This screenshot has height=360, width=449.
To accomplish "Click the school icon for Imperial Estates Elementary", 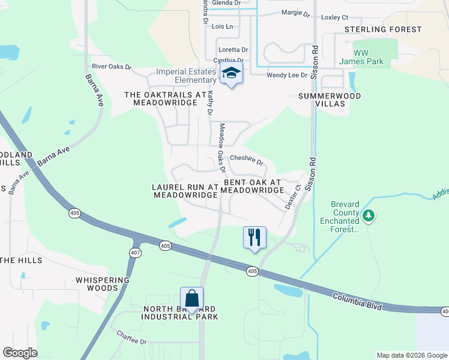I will (x=231, y=74).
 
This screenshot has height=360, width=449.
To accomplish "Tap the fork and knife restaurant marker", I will (x=255, y=238).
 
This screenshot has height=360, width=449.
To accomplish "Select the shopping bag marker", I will (x=191, y=298).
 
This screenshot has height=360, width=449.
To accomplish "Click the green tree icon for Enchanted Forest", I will (x=369, y=215).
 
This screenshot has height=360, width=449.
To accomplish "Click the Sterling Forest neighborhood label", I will (x=382, y=29).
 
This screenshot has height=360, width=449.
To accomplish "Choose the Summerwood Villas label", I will (x=330, y=100).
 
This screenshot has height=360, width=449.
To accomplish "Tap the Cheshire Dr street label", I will (x=247, y=160).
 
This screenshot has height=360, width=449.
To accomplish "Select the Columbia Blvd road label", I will (x=357, y=299).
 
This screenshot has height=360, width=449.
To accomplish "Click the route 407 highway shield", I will (x=136, y=253).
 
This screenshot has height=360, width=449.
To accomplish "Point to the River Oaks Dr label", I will (x=111, y=67).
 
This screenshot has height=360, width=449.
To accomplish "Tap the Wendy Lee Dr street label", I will (x=287, y=75).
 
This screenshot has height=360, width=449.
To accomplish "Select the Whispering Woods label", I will (x=103, y=284).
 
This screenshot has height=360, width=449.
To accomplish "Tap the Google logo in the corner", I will (x=20, y=352).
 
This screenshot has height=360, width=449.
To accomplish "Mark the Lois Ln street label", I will (x=222, y=27).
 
